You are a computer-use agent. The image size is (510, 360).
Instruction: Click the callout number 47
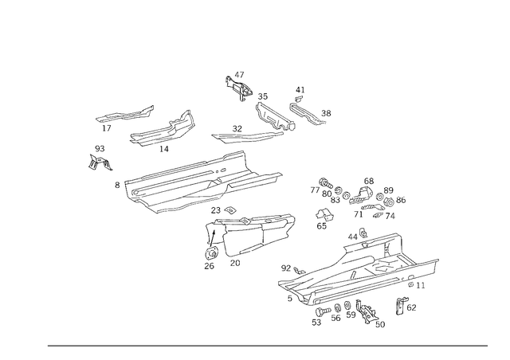[239, 75]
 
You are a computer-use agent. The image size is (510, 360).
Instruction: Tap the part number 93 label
[100, 149]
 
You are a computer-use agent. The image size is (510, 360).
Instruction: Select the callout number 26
[209, 266]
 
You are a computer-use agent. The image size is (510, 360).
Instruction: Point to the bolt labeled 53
[323, 311]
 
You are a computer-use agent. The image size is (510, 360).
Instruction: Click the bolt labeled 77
[326, 183]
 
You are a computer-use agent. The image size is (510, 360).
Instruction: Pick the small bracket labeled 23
[230, 209]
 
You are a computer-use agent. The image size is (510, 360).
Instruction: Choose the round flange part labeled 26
[211, 252]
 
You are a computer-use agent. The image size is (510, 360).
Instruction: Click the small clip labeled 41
[299, 99]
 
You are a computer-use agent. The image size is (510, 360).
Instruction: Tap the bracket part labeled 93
[100, 162]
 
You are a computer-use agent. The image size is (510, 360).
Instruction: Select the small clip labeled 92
[300, 270]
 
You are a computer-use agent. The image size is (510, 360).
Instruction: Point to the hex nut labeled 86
[389, 202]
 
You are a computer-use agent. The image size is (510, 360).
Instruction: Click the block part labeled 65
[324, 214]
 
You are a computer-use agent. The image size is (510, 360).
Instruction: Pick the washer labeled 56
[337, 307]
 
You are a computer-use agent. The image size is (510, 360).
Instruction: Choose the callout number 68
[369, 181]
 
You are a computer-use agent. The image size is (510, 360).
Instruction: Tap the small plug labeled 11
[411, 284]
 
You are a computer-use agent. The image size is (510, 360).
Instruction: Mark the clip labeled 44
[363, 233]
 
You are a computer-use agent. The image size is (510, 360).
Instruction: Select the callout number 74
[390, 216]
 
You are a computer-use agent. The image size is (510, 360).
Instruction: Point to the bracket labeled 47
[239, 88]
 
